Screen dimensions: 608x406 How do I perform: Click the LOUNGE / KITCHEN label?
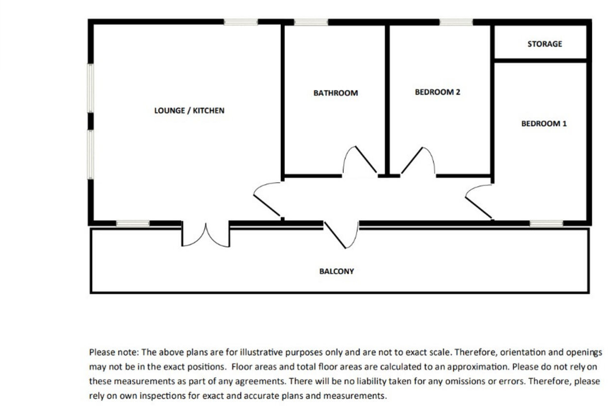coord(189,111)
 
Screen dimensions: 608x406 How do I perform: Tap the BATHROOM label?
coord(335,93)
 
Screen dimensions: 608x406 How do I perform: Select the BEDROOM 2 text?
coord(438,92)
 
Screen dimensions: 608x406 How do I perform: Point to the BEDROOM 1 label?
coord(544,123)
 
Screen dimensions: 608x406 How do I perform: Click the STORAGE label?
coord(545,44)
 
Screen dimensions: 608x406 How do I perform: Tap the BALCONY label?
coord(336,271)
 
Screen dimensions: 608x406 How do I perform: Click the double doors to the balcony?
coord(206,235)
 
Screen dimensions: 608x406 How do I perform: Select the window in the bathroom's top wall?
coord(311,22)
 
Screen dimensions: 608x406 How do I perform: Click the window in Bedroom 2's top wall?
coord(456,22)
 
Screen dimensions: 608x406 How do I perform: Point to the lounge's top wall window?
coord(241,22)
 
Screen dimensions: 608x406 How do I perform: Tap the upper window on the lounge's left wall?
coord(90,88)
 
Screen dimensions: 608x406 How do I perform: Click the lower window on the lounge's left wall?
coord(90,155)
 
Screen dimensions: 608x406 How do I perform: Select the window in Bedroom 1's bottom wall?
coord(546,223)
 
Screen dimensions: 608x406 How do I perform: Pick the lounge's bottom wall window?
coord(133,223)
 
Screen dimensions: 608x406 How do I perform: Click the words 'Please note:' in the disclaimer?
coord(114,353)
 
